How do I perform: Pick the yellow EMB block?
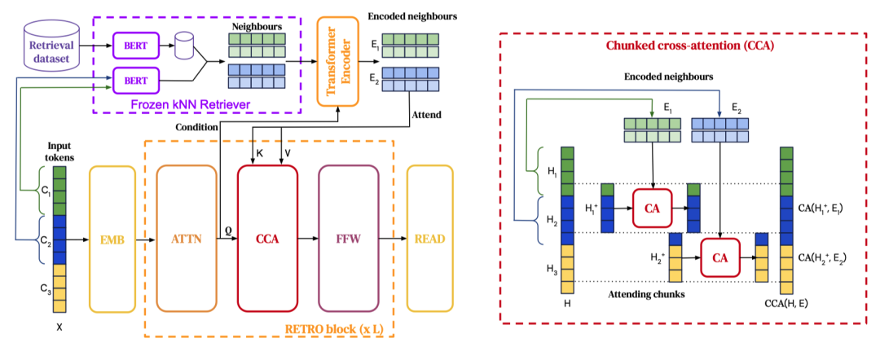coord(112,239)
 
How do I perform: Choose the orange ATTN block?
coord(187,239)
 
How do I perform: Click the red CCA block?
coord(267,239)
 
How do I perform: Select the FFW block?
coord(348,239)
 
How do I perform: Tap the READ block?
coord(430,239)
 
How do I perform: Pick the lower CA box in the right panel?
coord(720,258)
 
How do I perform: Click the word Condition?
coord(196,127)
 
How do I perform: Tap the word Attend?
coord(426,115)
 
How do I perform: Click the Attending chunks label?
coord(647,294)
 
